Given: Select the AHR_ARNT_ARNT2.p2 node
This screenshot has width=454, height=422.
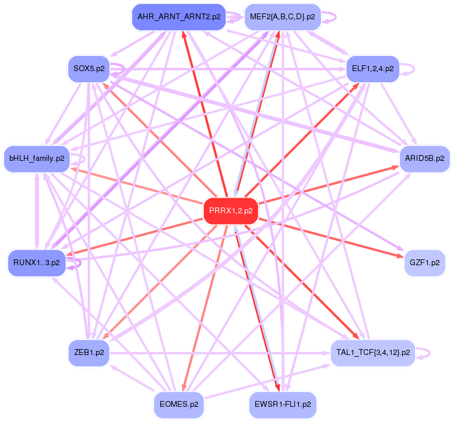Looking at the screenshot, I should click(x=179, y=17).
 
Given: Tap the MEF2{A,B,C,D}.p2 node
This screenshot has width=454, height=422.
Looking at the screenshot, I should click(x=282, y=17).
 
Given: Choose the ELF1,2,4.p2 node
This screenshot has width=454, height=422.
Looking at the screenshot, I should click(x=372, y=68).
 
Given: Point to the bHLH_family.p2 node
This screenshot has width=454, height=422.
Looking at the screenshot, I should click(x=37, y=157).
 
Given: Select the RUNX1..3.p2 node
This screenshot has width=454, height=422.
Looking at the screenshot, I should click(x=37, y=263).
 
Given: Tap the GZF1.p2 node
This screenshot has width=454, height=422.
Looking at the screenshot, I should click(x=425, y=263).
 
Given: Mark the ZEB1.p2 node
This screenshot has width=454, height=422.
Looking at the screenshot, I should click(x=89, y=352).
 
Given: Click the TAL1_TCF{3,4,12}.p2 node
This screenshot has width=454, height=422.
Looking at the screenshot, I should click(x=372, y=352).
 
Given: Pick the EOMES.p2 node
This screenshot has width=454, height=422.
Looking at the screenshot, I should click(x=179, y=403).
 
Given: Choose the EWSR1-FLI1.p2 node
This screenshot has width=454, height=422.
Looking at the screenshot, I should click(x=282, y=403).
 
